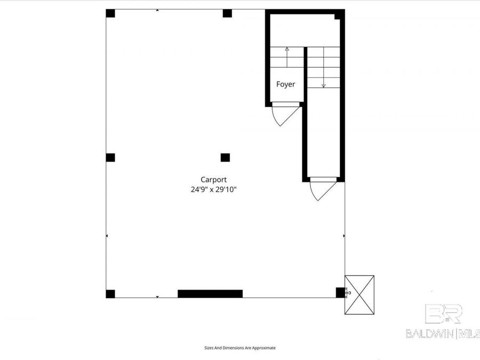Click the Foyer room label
[x=285, y=84]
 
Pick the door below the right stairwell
[x=323, y=189]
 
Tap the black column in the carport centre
[x=225, y=157]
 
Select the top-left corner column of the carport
[x=110, y=13]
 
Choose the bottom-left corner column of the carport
[x=110, y=294]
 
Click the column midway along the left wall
[x=110, y=157]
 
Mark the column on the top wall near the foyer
[x=227, y=13]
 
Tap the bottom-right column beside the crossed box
[x=340, y=292]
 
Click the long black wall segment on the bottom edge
[x=210, y=293]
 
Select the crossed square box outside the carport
[x=359, y=294]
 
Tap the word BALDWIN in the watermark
[x=429, y=334]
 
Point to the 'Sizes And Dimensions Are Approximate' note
[x=240, y=348]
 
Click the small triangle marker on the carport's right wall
[x=343, y=235]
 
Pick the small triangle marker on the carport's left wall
[x=107, y=235]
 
